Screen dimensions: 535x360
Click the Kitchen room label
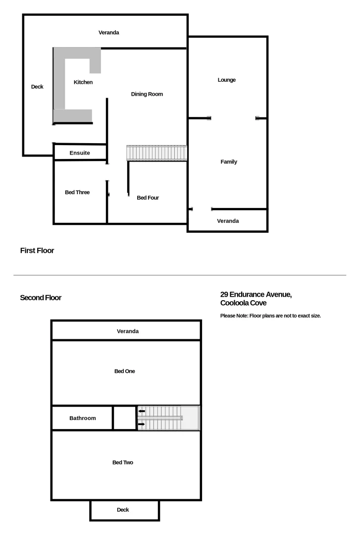coord(83,82)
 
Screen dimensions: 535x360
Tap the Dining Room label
coord(147,94)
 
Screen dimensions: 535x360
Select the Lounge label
coord(227,80)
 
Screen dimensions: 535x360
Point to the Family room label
coord(229,162)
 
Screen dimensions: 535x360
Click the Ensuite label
coord(80,153)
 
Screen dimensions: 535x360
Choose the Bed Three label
coord(77,192)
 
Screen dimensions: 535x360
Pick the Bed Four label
coord(148,198)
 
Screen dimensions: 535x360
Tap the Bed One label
coord(125,371)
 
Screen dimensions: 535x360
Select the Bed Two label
coord(123,463)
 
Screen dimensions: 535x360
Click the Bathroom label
coord(83,418)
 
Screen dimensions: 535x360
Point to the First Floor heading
coord(37,251)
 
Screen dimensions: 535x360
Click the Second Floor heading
coord(41,298)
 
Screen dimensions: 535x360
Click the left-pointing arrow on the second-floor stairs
coord(142,411)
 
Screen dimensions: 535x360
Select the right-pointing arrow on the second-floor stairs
coord(142,425)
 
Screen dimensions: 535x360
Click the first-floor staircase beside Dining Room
coord(156,153)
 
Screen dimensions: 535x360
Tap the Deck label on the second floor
coord(123,510)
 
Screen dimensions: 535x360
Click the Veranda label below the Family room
coord(228,221)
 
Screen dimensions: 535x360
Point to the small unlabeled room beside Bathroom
coord(124,418)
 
